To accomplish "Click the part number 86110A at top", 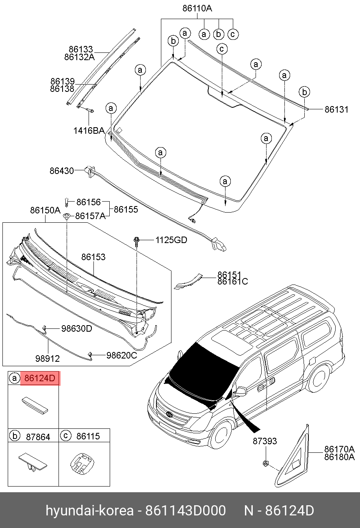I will click(x=197, y=9).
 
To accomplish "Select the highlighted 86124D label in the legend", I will click(x=39, y=378).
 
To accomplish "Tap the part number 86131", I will click(x=336, y=109).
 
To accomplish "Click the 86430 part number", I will click(x=62, y=171).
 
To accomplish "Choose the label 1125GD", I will click(x=171, y=240).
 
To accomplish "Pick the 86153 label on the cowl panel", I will click(x=93, y=257).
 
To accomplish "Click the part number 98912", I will click(x=48, y=359).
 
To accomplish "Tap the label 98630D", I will click(x=76, y=328).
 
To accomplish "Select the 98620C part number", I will click(x=121, y=355).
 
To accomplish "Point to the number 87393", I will click(x=265, y=441).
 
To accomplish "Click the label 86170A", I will click(x=339, y=450).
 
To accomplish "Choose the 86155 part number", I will click(x=126, y=210).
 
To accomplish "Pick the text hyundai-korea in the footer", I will click(x=89, y=511).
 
